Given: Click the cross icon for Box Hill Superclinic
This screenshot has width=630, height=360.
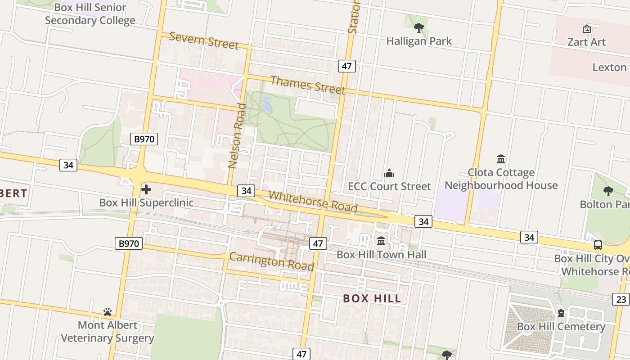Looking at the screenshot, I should (146, 189).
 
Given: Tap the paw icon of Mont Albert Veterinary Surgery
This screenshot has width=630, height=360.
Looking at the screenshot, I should (107, 311).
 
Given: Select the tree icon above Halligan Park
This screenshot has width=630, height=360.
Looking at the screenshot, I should (419, 28).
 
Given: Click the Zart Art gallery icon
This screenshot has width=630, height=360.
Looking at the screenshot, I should (586, 29).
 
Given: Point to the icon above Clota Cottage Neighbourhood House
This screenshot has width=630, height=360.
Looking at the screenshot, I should (501, 159).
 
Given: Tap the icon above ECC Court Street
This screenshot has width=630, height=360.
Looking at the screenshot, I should (389, 173).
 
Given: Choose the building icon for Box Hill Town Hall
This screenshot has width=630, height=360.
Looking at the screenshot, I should (381, 241).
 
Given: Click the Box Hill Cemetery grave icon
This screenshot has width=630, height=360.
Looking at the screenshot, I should (561, 313).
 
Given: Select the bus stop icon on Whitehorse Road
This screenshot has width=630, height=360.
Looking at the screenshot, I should (598, 245).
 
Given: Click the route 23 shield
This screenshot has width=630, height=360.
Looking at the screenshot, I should (621, 299).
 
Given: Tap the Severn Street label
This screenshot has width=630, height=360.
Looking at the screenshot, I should (203, 40).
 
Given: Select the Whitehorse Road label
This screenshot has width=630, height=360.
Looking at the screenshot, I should (313, 202).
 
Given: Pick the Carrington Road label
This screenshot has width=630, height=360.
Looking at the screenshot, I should (271, 261).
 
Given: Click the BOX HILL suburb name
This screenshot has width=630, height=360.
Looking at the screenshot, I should (372, 298).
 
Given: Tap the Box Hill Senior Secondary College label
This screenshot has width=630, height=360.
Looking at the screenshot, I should (90, 14).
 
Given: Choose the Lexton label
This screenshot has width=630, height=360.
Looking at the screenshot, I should (609, 67).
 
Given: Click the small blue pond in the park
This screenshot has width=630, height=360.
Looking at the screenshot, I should (267, 104).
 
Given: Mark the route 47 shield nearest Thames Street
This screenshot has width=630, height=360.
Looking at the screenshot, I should (346, 66).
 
